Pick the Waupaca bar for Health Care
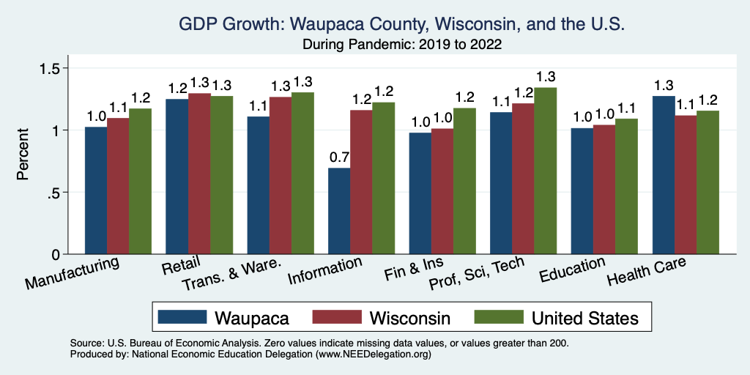pyautogui.click(x=663, y=175)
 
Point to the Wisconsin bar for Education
pyautogui.click(x=604, y=190)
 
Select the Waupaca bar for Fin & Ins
pyautogui.click(x=420, y=193)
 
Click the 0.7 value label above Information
pyautogui.click(x=338, y=157)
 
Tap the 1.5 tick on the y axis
pyautogui.click(x=56, y=68)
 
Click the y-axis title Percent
pyautogui.click(x=23, y=155)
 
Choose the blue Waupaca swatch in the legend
pyautogui.click(x=182, y=317)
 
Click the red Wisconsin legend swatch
pyautogui.click(x=337, y=317)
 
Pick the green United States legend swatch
pyautogui.click(x=498, y=317)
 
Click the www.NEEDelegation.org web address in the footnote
pyautogui.click(x=373, y=354)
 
